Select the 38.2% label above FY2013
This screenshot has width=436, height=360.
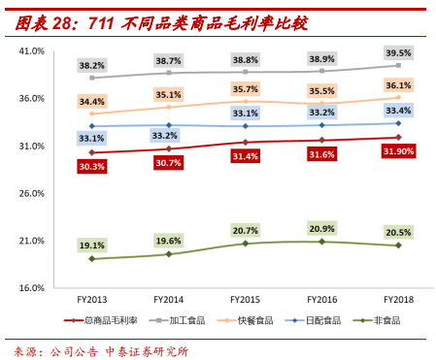(92, 65)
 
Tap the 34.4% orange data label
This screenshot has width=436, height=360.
(92, 102)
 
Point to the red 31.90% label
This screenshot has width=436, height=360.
(398, 151)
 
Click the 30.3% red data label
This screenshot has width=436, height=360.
(92, 166)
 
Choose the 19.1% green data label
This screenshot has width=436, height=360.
(92, 245)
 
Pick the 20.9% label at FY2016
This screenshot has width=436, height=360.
(321, 228)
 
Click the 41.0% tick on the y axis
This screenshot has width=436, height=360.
(32, 50)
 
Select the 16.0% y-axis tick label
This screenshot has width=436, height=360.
(32, 288)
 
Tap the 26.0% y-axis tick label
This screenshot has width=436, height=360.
(32, 193)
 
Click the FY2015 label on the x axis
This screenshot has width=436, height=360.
(245, 301)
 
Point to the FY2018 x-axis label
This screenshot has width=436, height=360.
(398, 301)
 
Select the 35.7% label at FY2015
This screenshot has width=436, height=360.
(245, 89)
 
